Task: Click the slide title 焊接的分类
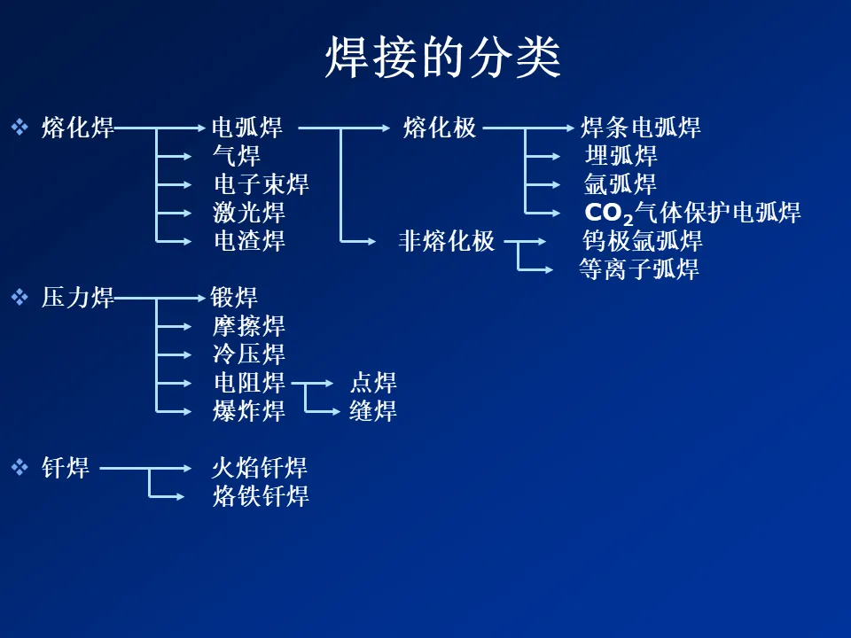(442, 58)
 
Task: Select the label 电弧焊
(246, 128)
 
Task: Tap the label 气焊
(237, 156)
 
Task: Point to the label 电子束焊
(262, 184)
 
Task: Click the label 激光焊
(249, 213)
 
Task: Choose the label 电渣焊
(249, 240)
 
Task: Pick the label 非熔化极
(447, 240)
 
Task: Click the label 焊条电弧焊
(640, 128)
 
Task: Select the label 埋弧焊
(621, 156)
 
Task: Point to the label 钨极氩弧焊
(642, 240)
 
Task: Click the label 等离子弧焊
(638, 268)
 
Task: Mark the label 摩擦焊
(249, 326)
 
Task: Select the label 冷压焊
(249, 354)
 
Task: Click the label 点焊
(372, 383)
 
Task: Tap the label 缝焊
(372, 410)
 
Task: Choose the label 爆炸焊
(249, 410)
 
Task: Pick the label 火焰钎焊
(260, 467)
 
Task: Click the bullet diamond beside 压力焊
(20, 298)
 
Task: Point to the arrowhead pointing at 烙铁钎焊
(181, 495)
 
